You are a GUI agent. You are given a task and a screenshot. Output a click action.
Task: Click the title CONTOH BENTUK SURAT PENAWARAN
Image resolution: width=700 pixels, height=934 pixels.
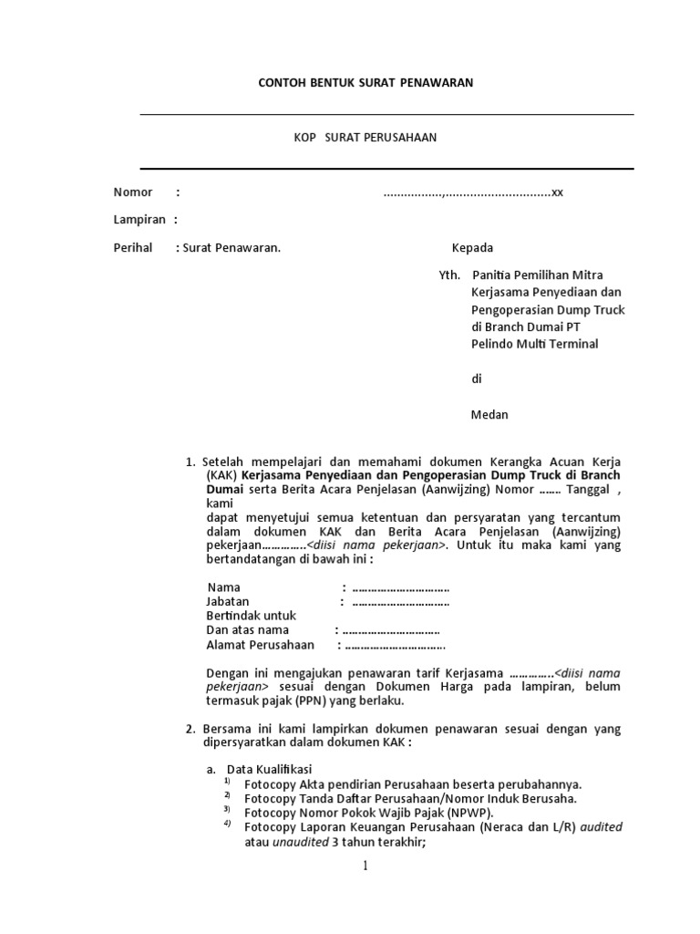point(365,83)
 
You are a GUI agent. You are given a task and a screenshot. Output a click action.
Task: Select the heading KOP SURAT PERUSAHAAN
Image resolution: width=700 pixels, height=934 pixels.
point(365,138)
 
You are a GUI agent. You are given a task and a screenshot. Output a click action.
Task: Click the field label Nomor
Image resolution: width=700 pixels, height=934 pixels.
point(133,192)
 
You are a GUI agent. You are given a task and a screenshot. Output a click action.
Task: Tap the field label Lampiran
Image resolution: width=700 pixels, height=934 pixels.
point(139,220)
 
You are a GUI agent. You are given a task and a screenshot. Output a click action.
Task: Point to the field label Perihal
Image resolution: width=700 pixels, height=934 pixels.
point(133,248)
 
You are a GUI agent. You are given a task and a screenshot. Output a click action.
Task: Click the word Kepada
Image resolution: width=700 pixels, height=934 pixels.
point(472,248)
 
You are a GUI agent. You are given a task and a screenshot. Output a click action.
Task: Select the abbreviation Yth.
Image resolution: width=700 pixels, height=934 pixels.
point(449,275)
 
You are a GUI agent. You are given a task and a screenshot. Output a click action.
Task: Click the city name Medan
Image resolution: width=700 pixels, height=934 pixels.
point(489,415)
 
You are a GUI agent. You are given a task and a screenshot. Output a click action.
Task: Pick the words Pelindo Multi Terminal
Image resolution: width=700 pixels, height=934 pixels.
point(534,344)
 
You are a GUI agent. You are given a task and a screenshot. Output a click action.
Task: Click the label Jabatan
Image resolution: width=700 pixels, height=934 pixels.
point(228,602)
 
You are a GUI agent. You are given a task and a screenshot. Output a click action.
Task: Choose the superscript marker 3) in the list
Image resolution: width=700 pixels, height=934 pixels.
point(228,809)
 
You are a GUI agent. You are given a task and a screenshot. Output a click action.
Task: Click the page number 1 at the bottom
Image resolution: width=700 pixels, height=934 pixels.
point(365,867)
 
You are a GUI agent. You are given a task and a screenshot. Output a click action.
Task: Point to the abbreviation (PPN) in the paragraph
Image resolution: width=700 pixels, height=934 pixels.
point(309,701)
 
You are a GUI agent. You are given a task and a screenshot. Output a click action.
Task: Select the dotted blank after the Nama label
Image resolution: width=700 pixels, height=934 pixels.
point(400,588)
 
